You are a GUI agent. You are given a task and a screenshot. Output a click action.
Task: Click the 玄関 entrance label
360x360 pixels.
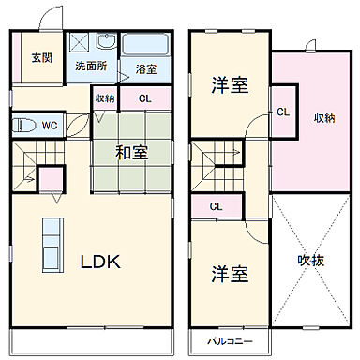tap(40, 57)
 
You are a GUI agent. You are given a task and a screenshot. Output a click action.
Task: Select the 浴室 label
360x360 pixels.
tap(145, 68)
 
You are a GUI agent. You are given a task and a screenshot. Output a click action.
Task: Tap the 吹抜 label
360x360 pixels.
tap(311, 260)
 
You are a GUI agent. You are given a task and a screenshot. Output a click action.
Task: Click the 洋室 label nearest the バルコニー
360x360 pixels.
tap(230, 276)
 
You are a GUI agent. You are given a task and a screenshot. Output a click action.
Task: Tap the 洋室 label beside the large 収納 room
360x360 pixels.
tap(230, 84)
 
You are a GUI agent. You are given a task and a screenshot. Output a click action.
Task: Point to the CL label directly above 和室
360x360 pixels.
tap(145, 97)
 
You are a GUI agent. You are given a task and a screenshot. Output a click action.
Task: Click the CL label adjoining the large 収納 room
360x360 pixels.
tap(283, 112)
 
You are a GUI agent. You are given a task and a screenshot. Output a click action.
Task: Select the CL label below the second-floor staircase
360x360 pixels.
tap(216, 206)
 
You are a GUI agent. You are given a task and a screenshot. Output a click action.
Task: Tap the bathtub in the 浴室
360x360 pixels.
tap(144, 44)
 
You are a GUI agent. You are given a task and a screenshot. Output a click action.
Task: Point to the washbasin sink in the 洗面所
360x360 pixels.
tap(106, 44)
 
